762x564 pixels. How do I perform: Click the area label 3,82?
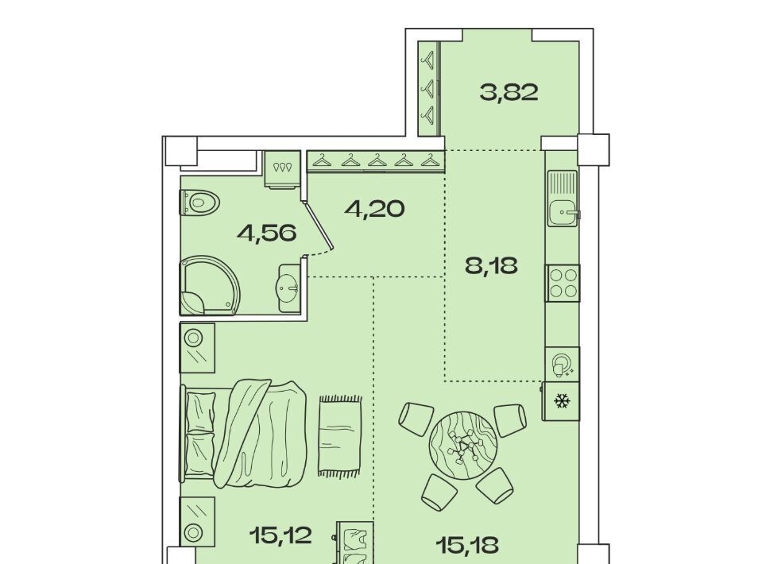(x=509, y=92)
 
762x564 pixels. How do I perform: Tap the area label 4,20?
(x=374, y=209)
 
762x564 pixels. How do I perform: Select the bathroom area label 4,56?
(x=267, y=234)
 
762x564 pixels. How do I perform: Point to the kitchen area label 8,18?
(x=491, y=266)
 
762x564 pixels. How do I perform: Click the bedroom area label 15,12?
(x=280, y=535)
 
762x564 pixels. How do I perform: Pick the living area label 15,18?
(x=467, y=545)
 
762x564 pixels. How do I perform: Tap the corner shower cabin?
(x=210, y=286)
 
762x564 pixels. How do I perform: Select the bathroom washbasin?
(x=290, y=288)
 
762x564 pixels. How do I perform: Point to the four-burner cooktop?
(x=563, y=284)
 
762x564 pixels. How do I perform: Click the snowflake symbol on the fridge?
(x=563, y=402)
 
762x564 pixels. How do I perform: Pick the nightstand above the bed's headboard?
(x=197, y=348)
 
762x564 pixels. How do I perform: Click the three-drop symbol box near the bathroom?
(x=282, y=169)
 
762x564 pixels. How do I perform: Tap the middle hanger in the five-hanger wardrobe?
(x=377, y=160)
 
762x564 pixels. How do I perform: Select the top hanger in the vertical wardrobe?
(x=428, y=60)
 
